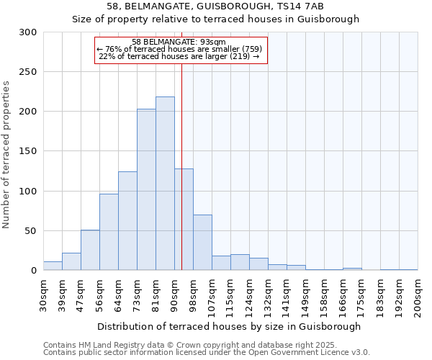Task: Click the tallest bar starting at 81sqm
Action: click(165, 184)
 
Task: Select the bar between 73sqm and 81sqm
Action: click(146, 189)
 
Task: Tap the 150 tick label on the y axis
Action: click(28, 152)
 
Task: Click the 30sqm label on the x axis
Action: click(43, 294)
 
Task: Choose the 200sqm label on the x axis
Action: click(418, 294)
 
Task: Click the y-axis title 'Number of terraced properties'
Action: click(6, 154)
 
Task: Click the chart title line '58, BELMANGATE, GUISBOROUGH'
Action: click(215, 6)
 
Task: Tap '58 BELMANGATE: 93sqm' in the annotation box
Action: click(179, 42)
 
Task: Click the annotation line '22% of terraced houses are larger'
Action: click(179, 56)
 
